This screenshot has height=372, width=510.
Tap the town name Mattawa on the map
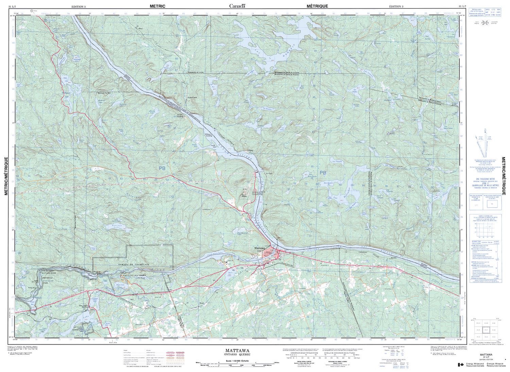[259, 248]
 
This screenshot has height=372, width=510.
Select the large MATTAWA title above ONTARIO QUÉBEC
[237, 350]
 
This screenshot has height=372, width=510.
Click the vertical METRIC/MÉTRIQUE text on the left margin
[6, 176]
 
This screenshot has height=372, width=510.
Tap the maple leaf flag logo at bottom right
[461, 365]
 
